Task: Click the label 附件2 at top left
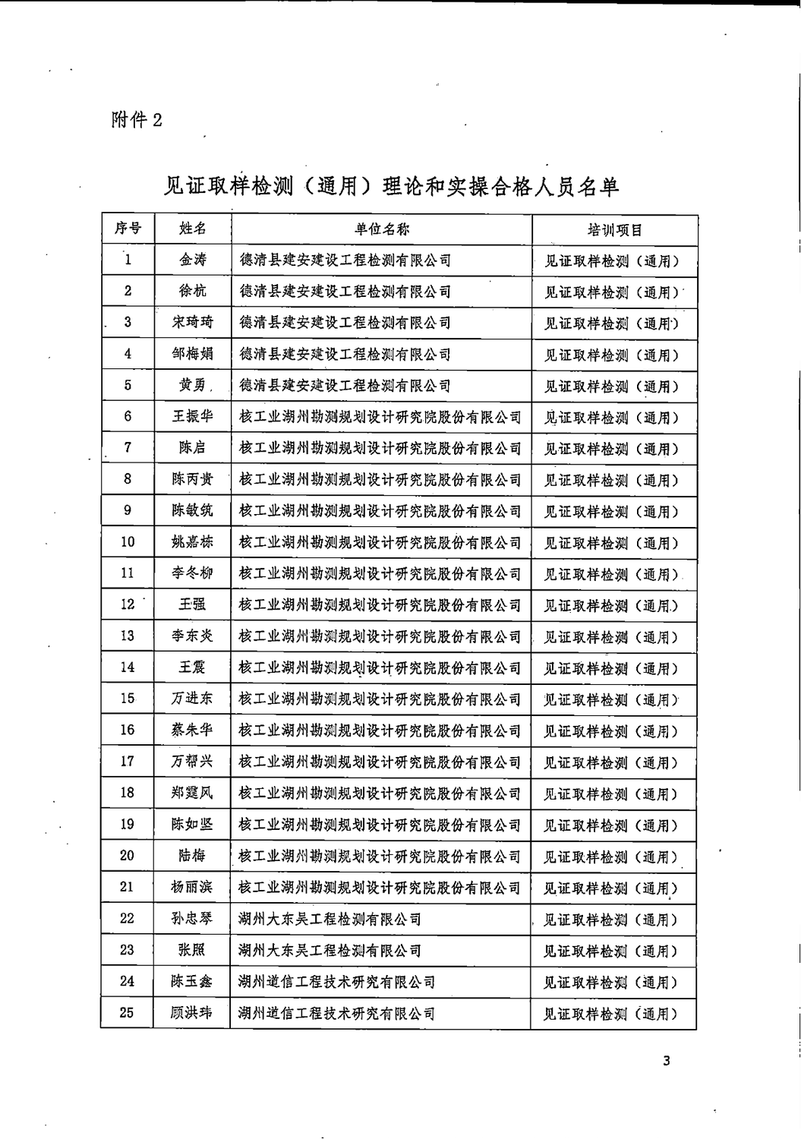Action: [137, 120]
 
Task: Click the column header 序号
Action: [128, 229]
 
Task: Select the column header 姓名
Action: [192, 229]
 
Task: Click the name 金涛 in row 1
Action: [192, 260]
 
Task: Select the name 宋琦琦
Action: [192, 322]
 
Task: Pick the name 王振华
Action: [192, 416]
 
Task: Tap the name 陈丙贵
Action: [192, 479]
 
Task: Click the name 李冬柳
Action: [192, 573]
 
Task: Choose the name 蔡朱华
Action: [192, 730]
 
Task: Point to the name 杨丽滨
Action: [192, 887]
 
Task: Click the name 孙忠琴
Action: [192, 919]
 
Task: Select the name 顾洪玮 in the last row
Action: [192, 1013]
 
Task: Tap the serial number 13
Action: [128, 636]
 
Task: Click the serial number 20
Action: [128, 856]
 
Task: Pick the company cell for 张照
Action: [330, 951]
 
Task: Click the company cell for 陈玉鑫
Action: [336, 982]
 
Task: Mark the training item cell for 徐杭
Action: [611, 292]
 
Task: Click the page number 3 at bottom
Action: [666, 1062]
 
